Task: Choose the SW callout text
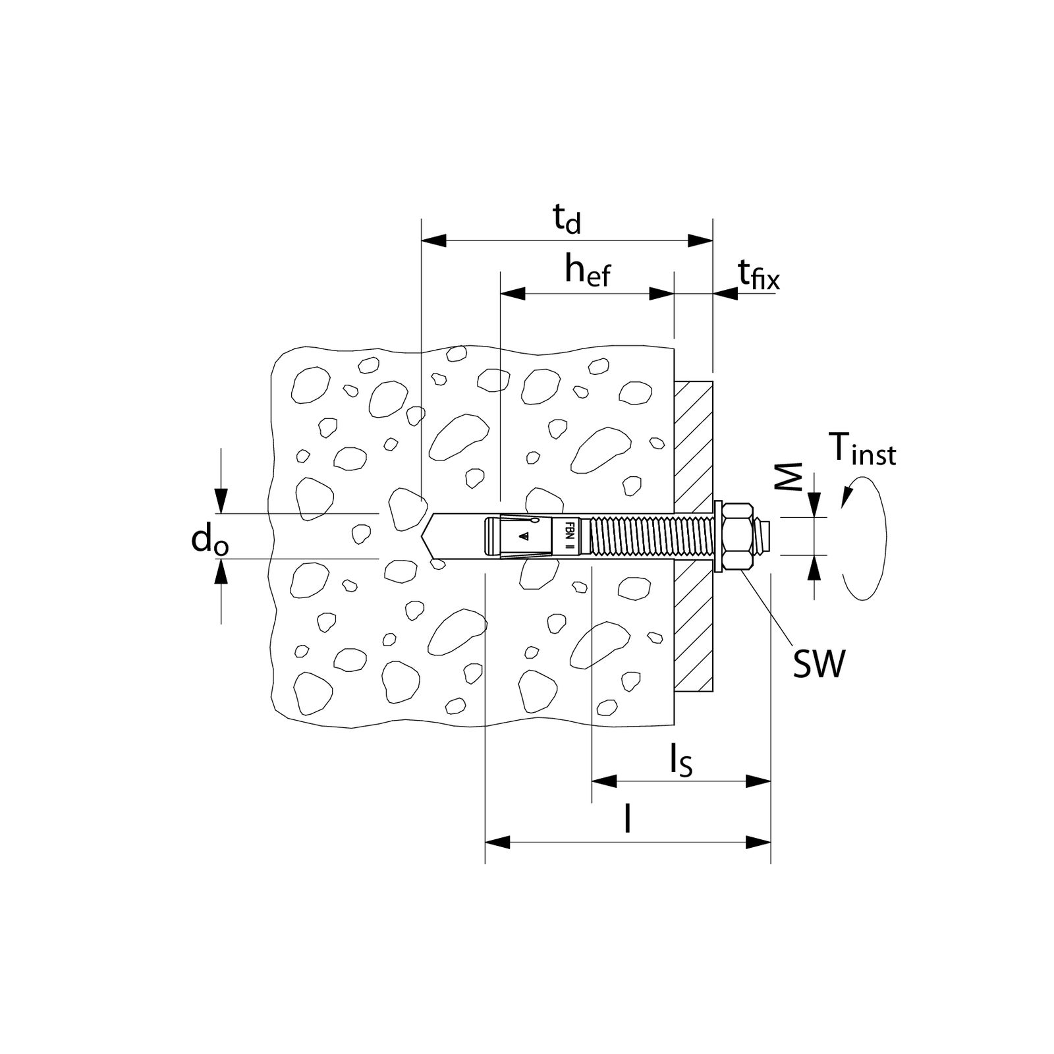tap(818, 665)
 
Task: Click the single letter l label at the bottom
tap(628, 820)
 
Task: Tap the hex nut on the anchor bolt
tap(738, 536)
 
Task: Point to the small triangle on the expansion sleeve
tap(524, 537)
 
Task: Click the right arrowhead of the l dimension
tap(758, 843)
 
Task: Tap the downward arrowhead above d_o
tap(221, 500)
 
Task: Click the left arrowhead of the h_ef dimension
tap(513, 294)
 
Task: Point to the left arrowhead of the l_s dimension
tap(604, 781)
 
